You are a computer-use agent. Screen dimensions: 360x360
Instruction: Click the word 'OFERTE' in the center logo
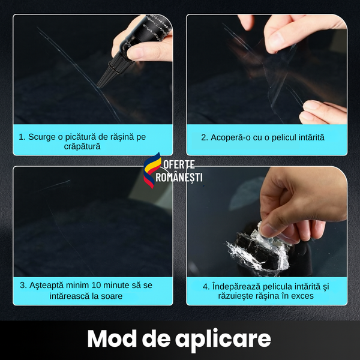tap(178, 165)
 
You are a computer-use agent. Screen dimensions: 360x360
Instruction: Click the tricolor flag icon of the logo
tap(151, 170)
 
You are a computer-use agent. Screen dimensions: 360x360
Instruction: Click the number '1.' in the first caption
tap(22, 137)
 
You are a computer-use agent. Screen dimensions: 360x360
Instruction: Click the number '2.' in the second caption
tap(205, 137)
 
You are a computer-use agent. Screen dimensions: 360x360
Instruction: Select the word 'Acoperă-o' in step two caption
tap(231, 137)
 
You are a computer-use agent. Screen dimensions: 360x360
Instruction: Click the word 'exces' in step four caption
tap(302, 295)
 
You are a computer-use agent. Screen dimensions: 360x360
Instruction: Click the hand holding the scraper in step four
tap(300, 204)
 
